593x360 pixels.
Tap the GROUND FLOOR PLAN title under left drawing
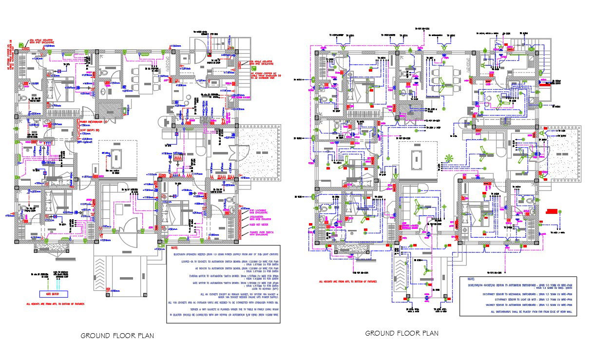pos(117,336)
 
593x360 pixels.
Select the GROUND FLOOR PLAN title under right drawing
pos(402,333)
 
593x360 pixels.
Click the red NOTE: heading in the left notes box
pos(172,247)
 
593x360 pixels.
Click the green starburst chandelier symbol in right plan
pos(449,158)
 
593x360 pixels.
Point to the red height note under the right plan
pos(348,281)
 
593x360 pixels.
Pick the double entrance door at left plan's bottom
pos(129,228)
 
